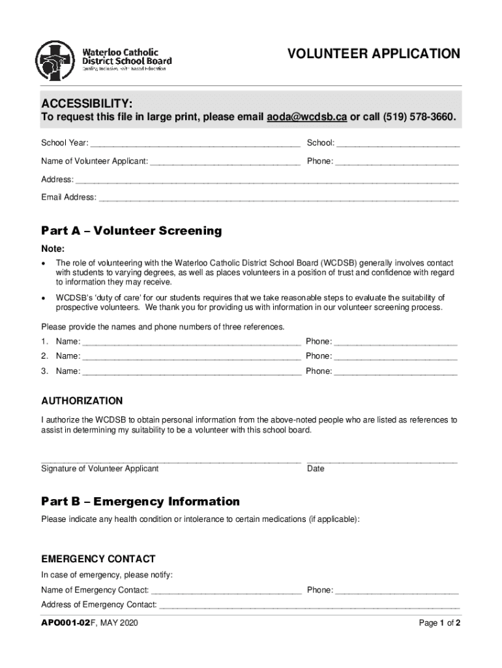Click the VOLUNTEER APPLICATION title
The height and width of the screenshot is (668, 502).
click(x=374, y=53)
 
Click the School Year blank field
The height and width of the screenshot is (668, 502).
click(x=196, y=144)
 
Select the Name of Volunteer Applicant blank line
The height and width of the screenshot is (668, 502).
click(x=225, y=162)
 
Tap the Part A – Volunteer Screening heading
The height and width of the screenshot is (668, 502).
click(x=132, y=231)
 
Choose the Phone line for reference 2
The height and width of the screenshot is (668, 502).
click(x=396, y=357)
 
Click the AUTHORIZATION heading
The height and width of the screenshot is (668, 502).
click(x=82, y=401)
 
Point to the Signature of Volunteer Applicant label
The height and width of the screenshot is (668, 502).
click(x=100, y=468)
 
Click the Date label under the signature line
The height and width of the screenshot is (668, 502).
click(x=316, y=468)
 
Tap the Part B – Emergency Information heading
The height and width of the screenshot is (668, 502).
click(x=141, y=502)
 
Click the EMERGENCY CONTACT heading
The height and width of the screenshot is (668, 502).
click(x=98, y=558)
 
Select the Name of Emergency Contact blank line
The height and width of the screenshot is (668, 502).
click(x=226, y=591)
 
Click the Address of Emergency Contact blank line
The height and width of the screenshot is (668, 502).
click(x=309, y=605)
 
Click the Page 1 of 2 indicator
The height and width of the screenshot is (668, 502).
click(x=439, y=623)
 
